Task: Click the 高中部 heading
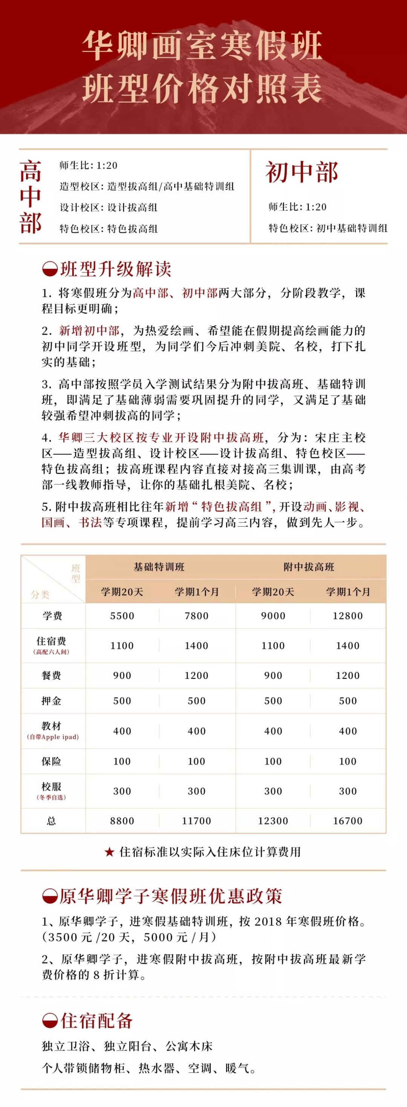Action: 31,197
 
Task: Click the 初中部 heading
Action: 302,173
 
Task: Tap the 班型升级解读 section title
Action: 115,269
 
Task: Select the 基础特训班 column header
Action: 159,567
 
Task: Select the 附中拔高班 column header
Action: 309,567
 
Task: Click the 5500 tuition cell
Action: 122,616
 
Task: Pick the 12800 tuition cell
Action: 348,616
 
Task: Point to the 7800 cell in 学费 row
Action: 197,616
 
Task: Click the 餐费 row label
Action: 52,675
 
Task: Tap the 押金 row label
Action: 52,701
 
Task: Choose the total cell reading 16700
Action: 348,821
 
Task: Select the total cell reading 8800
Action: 122,821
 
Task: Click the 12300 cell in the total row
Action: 273,821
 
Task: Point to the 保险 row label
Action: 52,761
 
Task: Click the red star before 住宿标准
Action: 110,852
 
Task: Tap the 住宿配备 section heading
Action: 96,1021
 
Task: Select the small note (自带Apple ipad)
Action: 53,737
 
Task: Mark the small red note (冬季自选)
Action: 52,797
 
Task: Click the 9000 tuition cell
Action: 273,616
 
